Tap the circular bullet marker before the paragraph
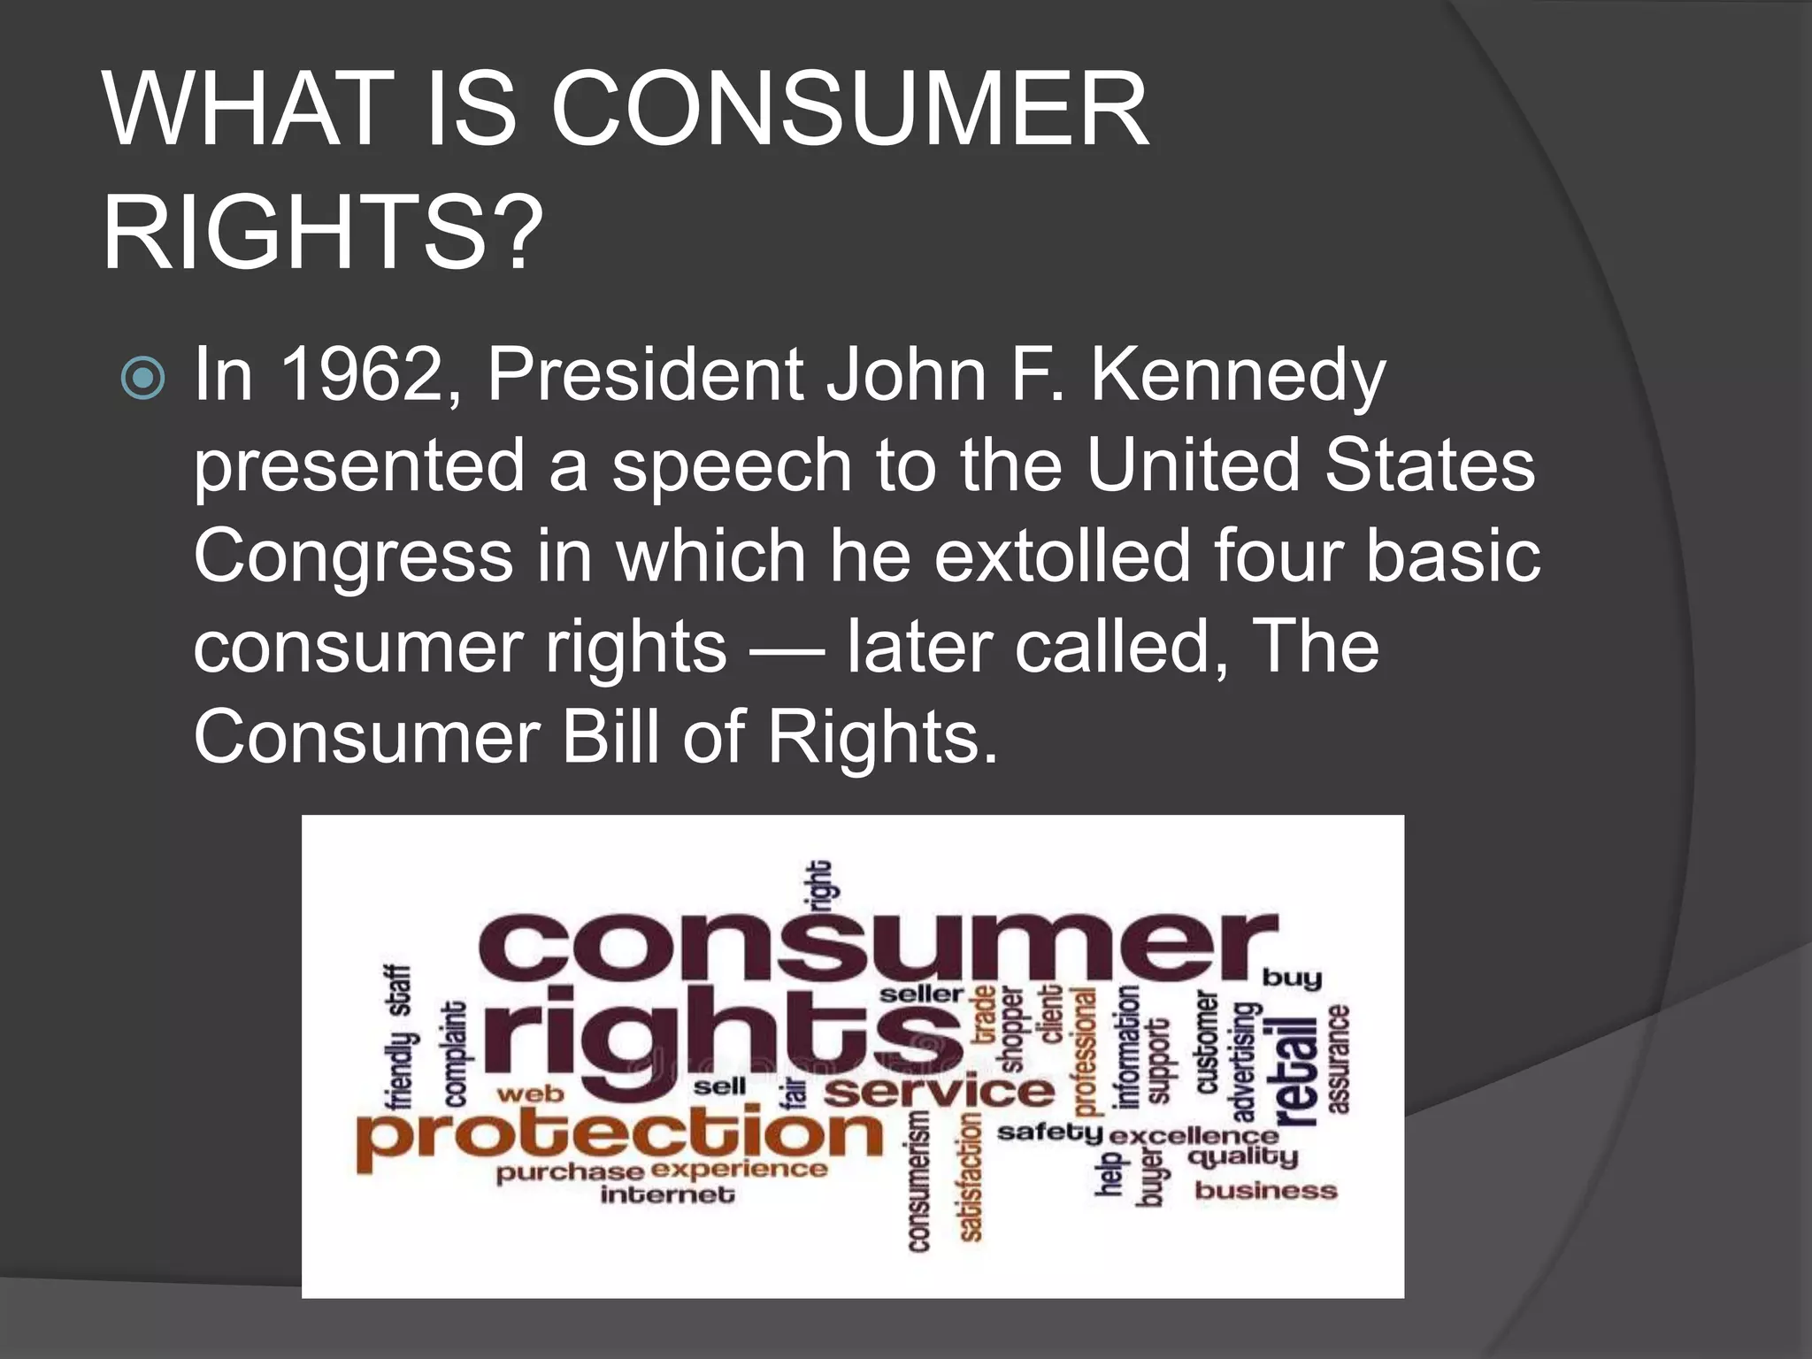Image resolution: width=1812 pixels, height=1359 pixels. [x=143, y=378]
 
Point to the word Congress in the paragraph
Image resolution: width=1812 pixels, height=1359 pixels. [x=353, y=557]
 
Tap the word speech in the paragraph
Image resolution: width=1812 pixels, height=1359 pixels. [x=731, y=466]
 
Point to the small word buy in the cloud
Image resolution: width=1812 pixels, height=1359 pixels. [x=1292, y=979]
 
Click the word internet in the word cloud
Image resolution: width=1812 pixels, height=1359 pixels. [x=667, y=1195]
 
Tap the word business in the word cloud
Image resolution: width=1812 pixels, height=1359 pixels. [x=1265, y=1190]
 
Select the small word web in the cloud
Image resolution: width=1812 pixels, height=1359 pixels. [x=530, y=1094]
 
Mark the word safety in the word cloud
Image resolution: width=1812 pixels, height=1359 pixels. [x=1049, y=1132]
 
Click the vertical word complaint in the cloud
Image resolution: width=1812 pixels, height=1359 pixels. [x=455, y=1054]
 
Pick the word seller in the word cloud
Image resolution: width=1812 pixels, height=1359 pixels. [x=920, y=994]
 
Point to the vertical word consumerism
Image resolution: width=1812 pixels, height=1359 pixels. [x=919, y=1181]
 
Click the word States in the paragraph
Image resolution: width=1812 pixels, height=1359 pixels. [x=1429, y=466]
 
